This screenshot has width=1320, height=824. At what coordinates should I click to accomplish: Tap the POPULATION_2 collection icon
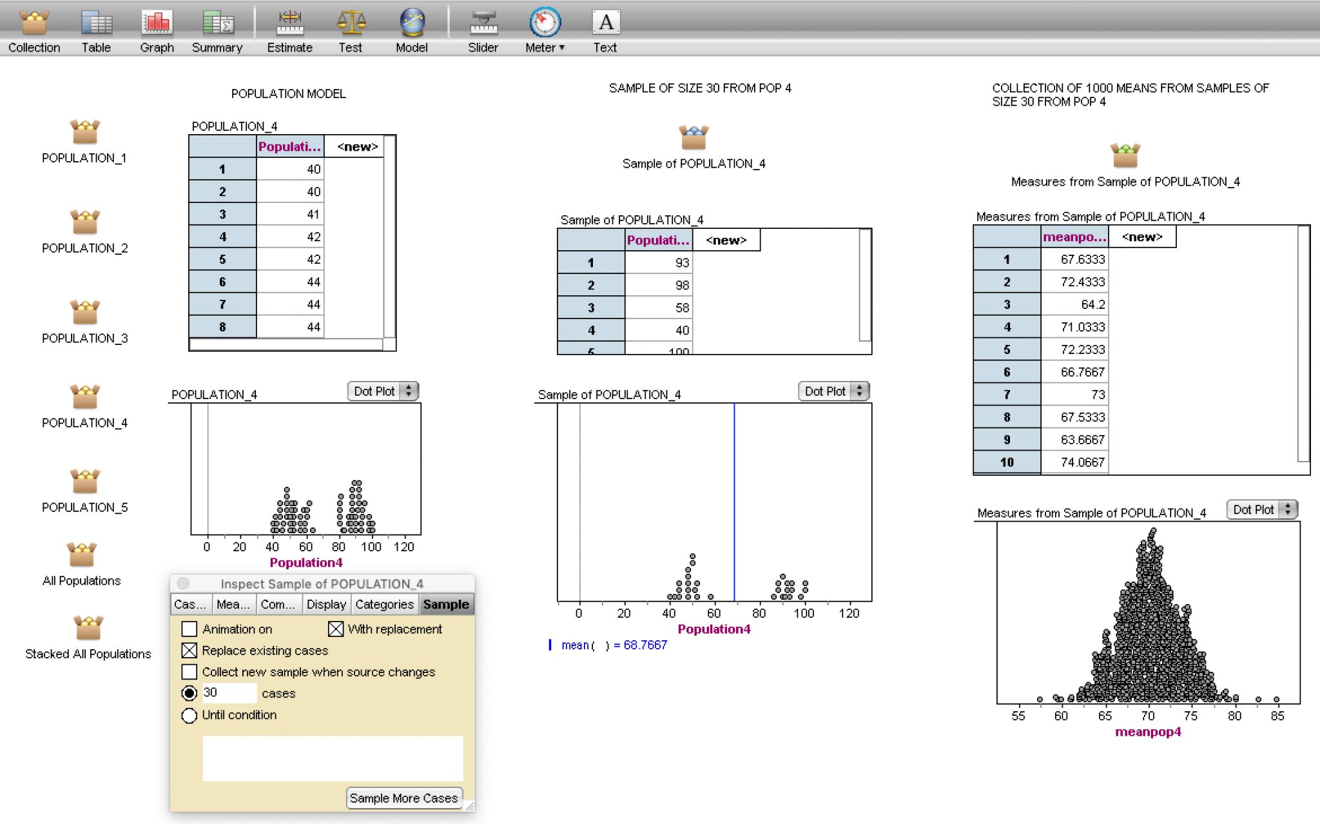click(84, 223)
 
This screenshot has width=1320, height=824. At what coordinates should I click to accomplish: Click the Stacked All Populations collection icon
click(88, 628)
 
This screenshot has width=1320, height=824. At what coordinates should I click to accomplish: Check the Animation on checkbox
click(189, 629)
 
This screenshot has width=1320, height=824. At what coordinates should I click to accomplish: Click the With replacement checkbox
click(336, 629)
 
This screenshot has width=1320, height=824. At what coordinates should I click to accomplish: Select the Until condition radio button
click(189, 716)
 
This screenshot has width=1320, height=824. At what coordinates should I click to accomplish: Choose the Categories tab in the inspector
click(384, 604)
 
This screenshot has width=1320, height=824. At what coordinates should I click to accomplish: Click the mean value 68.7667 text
click(645, 645)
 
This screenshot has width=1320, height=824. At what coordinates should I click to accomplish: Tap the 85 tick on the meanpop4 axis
click(1277, 716)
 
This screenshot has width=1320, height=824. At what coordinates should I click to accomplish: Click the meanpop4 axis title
click(1148, 732)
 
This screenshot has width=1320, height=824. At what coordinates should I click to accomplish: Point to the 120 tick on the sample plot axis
click(849, 613)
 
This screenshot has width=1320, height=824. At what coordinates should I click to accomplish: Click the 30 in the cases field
click(211, 692)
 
